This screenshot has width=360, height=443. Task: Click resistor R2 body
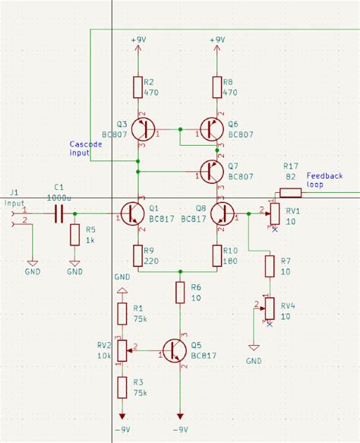coord(137,87)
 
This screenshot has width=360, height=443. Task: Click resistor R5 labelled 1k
coord(74,235)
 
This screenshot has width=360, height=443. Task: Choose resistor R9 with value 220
coord(137,256)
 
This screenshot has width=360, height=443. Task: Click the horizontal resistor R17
coord(290,192)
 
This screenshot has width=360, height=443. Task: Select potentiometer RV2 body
coord(122,350)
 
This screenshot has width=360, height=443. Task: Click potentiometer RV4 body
coord(270,308)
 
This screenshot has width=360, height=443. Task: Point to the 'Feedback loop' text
coord(324,180)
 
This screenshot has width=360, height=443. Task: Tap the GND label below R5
coord(74,271)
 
